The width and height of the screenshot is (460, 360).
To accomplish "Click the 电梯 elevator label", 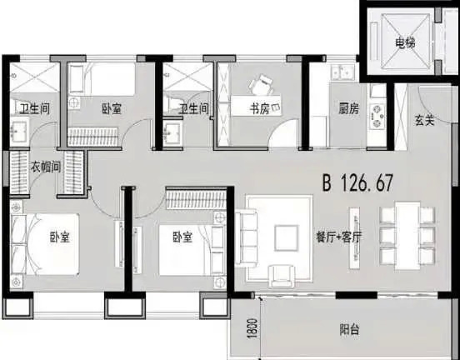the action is pos(405,43).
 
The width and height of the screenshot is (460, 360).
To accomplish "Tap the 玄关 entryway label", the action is pos(424,120).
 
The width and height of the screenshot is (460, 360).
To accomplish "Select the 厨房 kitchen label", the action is pos(348,109).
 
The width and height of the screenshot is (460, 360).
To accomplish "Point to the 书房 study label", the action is pos(259,109).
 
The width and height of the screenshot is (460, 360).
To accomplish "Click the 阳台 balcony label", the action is pos(349,330).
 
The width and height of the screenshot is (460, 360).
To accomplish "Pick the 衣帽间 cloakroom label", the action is pos(46,167).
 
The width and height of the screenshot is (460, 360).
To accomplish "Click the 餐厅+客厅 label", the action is pos(338,237).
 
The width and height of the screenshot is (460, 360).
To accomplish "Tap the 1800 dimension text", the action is pos(252,328).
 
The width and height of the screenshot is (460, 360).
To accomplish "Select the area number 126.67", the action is pos(367,182).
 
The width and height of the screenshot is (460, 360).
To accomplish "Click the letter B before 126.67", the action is pos(327,182).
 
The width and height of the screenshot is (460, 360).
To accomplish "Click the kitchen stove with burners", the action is pos(377,116).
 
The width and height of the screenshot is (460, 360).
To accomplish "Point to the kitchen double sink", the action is pos(343,72).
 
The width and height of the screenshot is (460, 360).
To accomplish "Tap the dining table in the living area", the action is pos(407,235).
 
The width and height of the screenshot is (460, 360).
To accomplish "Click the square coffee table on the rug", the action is pos(287,237).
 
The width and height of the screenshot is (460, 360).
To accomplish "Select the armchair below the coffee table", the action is pos(282,276).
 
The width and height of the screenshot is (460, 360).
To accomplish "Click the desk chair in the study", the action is pos(262,84).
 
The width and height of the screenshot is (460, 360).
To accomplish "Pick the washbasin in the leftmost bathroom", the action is pos(19,131).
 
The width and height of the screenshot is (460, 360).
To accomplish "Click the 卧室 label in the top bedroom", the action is pos(112,109).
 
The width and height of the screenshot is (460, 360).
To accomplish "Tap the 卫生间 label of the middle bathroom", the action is pos(194,109).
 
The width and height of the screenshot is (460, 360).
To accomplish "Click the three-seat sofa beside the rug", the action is pos(246,238).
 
